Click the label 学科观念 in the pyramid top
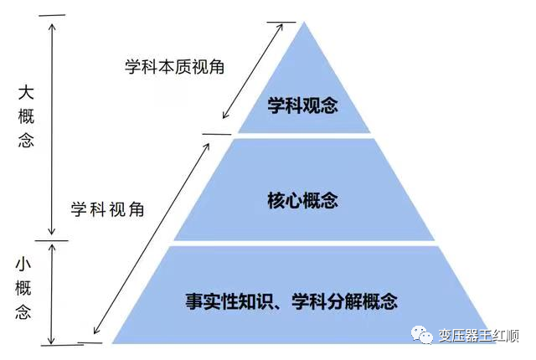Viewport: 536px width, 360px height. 302,105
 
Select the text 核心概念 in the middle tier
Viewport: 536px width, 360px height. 302,200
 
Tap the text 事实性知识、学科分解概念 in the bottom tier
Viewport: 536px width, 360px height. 291,301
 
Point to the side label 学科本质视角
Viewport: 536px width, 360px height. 175,67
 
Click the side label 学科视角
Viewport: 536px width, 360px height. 108,209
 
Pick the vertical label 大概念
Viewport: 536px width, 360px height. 26,116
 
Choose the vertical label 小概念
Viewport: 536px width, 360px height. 23,289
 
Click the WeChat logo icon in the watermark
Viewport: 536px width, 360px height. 422,334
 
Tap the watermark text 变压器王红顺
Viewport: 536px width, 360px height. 479,336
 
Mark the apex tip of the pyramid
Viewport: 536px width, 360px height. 304,22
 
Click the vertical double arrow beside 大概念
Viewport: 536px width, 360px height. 52,129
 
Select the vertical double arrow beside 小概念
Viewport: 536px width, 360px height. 52,294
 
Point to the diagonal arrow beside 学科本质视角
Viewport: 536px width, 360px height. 253,71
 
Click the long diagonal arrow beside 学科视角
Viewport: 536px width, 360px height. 152,239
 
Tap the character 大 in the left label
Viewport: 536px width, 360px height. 26,93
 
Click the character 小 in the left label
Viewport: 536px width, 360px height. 23,265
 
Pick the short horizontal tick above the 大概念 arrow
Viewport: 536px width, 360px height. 52,15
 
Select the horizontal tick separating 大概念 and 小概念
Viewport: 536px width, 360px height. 51,240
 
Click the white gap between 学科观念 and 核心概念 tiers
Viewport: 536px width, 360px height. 304,136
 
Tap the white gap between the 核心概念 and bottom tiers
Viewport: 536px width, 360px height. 304,243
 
